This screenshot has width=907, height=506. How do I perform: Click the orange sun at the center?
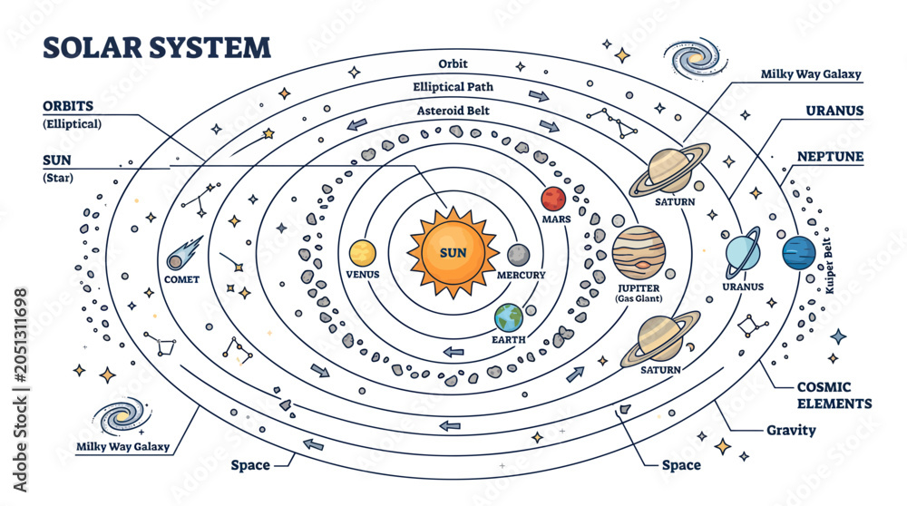453,253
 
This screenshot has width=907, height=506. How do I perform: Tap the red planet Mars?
553,199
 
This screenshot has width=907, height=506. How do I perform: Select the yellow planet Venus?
363,253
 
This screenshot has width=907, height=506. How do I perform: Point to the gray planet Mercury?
518,255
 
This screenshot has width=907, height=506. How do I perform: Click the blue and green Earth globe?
509,317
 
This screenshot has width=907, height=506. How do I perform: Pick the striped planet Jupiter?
639,253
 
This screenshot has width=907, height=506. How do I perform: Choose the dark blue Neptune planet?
799,253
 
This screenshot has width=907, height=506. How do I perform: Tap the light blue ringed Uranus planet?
743,253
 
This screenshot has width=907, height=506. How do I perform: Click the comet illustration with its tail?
184,253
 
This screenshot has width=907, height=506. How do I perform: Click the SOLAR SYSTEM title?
157,47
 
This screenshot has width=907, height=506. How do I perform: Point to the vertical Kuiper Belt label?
828,266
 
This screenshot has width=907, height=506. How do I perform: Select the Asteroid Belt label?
453,111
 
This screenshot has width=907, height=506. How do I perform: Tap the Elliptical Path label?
453,87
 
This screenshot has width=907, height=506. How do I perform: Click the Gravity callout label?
791,430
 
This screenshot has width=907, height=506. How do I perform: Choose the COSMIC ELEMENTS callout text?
834,395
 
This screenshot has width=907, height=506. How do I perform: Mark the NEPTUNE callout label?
830,157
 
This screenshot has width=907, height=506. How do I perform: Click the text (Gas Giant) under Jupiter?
639,298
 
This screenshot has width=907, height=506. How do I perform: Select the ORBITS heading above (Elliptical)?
68,106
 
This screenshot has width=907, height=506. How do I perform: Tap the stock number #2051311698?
20,336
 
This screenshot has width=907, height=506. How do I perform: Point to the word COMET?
181,279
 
